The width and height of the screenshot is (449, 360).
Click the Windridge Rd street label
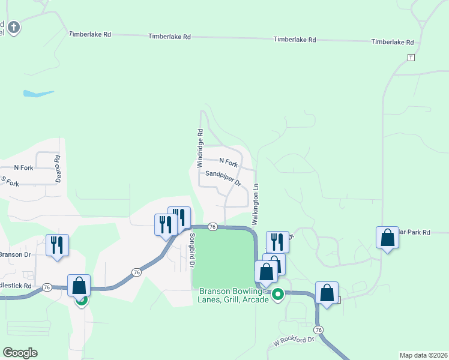200,148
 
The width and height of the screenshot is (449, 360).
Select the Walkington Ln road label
255,204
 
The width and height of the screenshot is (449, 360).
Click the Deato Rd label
58,169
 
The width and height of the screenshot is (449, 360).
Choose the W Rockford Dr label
294,341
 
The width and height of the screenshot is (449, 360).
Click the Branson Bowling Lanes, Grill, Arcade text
234,295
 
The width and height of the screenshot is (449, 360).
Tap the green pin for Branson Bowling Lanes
278,295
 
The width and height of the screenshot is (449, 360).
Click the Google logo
20,353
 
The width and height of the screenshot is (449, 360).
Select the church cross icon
14,27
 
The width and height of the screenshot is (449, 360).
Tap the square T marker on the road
411,58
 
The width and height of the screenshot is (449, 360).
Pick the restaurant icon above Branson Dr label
58,245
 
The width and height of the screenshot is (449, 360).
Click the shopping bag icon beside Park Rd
387,238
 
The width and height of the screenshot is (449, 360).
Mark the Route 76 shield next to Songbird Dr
212,226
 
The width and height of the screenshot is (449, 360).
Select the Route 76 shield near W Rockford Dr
318,330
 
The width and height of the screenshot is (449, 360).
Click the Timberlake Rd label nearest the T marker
393,42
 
